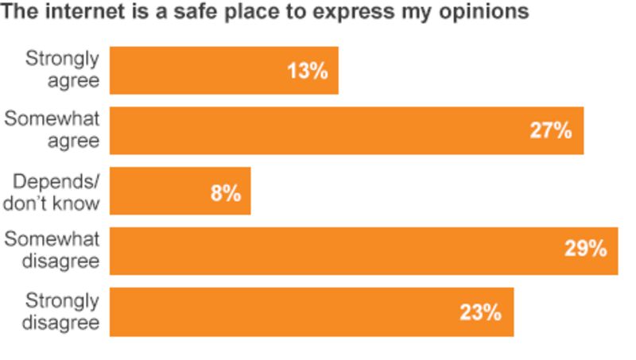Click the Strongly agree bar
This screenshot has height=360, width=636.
(x=223, y=70)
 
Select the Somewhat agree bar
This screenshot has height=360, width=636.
(x=347, y=130)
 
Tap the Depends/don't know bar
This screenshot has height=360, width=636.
(x=180, y=191)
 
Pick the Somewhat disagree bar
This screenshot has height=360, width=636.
(x=363, y=251)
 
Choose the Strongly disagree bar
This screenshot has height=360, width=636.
(x=312, y=312)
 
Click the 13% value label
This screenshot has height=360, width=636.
(x=307, y=71)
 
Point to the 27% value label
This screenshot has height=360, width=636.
(x=551, y=131)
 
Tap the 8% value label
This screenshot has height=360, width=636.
(x=225, y=192)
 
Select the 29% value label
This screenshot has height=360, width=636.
(x=586, y=250)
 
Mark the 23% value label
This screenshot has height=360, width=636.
(x=480, y=312)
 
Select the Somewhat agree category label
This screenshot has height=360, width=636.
(x=52, y=130)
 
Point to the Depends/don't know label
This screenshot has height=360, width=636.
(x=52, y=191)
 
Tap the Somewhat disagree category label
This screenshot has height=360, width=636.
(x=52, y=250)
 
